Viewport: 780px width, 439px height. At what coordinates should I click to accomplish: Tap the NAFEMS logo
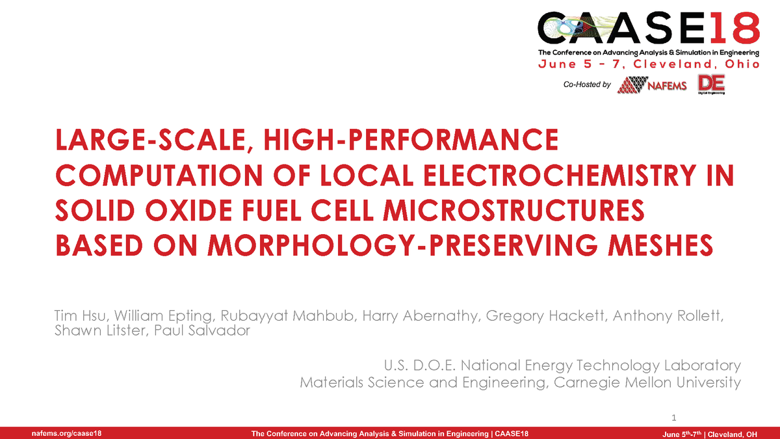pos(652,85)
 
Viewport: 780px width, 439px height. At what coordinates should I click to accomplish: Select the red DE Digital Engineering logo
pos(710,85)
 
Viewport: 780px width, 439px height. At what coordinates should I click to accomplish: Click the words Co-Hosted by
pos(588,85)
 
